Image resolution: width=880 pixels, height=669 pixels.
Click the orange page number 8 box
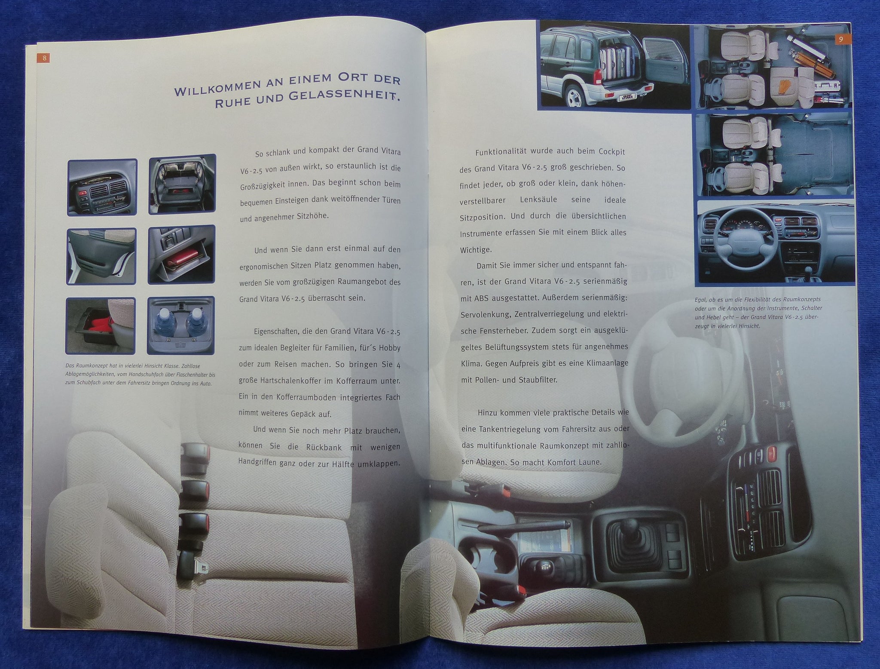[x=43, y=58]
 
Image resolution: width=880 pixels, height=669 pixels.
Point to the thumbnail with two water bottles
[x=181, y=326]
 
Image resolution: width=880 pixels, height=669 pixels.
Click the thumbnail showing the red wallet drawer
[x=181, y=255]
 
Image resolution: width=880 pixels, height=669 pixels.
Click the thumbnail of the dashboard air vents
[x=102, y=187]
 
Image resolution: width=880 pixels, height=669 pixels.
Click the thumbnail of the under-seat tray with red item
[x=101, y=325]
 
